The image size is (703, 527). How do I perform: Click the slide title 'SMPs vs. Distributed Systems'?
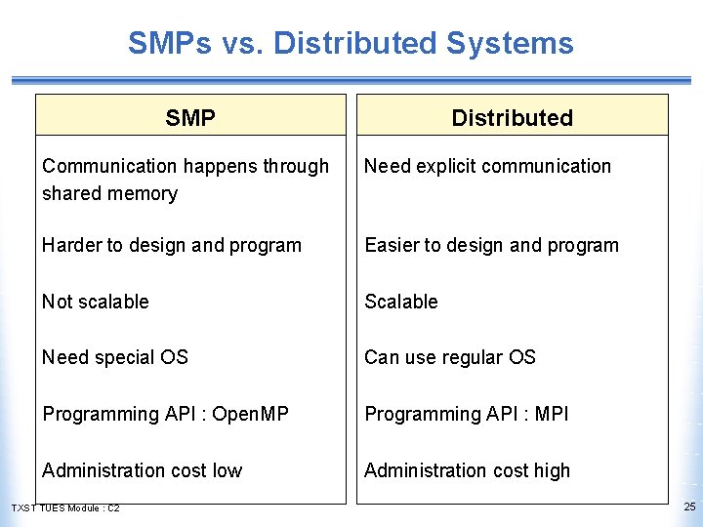pos(351,43)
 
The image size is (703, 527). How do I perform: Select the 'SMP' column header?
pos(190,118)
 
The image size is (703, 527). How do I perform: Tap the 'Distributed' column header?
pos(512,118)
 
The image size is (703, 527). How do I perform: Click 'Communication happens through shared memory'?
pos(186,180)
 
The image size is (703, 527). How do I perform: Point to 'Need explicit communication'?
pos(487,166)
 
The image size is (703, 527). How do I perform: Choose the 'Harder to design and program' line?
pos(172,245)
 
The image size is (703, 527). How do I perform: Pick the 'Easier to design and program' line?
pos(491,245)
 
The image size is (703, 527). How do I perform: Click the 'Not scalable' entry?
pos(96,302)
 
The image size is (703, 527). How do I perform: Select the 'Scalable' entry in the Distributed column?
pos(401,302)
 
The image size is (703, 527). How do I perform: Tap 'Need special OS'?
pos(115,357)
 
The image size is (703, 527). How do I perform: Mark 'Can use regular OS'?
pos(450,357)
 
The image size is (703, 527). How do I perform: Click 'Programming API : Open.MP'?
pos(165,414)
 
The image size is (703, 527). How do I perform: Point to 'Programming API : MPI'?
pos(466,414)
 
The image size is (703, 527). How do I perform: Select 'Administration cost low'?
pos(142,470)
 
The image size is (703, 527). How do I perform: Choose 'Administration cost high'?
pos(467,470)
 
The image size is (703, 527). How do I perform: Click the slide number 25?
pos(689,507)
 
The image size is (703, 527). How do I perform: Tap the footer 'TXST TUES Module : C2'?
pos(65,508)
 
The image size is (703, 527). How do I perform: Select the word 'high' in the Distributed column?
pos(552,470)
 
